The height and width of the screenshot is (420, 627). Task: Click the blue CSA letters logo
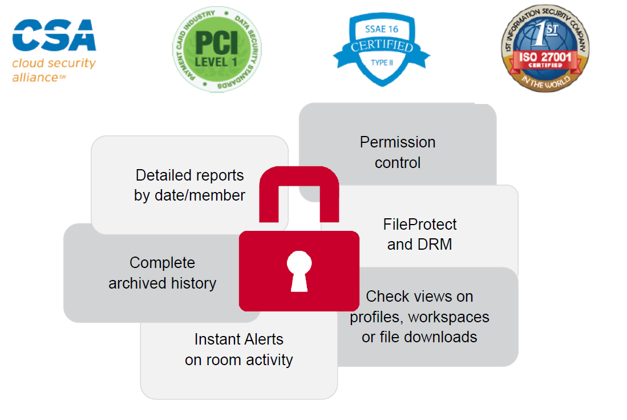(54, 35)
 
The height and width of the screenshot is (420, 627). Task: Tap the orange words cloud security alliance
(54, 70)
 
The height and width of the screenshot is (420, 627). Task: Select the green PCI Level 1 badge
(217, 49)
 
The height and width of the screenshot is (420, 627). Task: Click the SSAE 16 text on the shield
(382, 29)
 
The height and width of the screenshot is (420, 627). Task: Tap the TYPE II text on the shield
(382, 63)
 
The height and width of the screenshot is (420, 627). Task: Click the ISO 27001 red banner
(545, 59)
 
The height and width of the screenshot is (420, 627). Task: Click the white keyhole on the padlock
(299, 271)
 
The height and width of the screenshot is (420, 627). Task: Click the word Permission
(398, 142)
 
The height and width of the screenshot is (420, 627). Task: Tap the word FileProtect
(419, 225)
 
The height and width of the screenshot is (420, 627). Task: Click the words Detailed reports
(189, 175)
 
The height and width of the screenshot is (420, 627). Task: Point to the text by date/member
(189, 195)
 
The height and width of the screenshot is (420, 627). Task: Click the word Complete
(163, 263)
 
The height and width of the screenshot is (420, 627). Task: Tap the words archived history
(163, 283)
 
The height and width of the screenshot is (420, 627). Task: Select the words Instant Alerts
(238, 339)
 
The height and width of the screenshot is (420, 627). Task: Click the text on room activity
(238, 360)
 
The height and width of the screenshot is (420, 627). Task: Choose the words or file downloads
(419, 337)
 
